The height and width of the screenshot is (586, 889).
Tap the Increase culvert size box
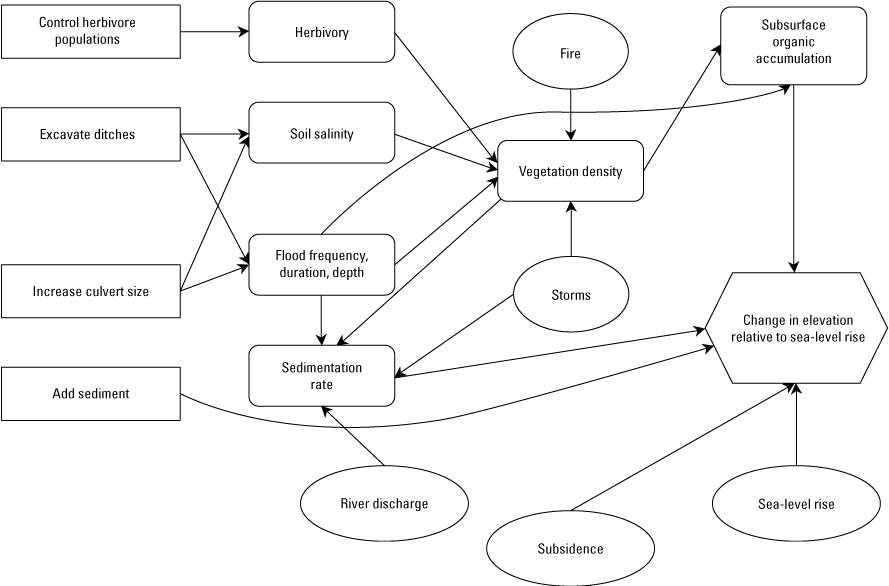coord(90,292)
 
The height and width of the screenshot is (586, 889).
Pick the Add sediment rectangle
coord(90,394)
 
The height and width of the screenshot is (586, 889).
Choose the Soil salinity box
coord(321,134)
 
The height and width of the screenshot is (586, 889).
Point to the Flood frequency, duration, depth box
coord(321,264)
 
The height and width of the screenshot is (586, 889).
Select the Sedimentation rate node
coord(321,376)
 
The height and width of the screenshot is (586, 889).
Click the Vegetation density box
coord(570,171)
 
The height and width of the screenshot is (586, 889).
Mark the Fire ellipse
coord(570,54)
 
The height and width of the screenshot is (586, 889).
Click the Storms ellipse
coord(571,295)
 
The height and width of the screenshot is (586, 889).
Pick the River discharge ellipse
coord(384,503)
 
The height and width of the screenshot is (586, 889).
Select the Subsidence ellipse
coord(570,548)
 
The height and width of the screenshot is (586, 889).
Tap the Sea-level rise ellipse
coord(796,504)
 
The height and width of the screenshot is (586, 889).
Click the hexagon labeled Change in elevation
coord(796,328)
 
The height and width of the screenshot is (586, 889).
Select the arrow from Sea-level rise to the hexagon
coord(796,425)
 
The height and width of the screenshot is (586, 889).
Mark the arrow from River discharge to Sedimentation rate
coord(357,437)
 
